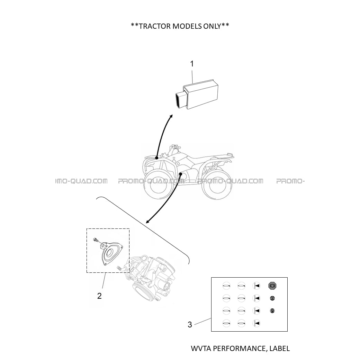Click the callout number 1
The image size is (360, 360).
[192, 64]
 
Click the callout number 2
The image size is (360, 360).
[99, 296]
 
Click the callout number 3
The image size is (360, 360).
[190, 325]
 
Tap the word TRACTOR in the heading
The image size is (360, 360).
[155, 26]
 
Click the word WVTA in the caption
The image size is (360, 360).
[201, 348]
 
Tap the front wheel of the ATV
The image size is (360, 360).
[156, 185]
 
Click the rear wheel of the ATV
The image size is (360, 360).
[217, 185]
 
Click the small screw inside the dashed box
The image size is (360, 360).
[96, 240]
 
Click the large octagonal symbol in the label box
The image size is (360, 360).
[272, 286]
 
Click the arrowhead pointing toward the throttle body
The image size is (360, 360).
[147, 222]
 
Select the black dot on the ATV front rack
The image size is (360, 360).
[156, 158]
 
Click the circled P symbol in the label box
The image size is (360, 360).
[272, 311]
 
